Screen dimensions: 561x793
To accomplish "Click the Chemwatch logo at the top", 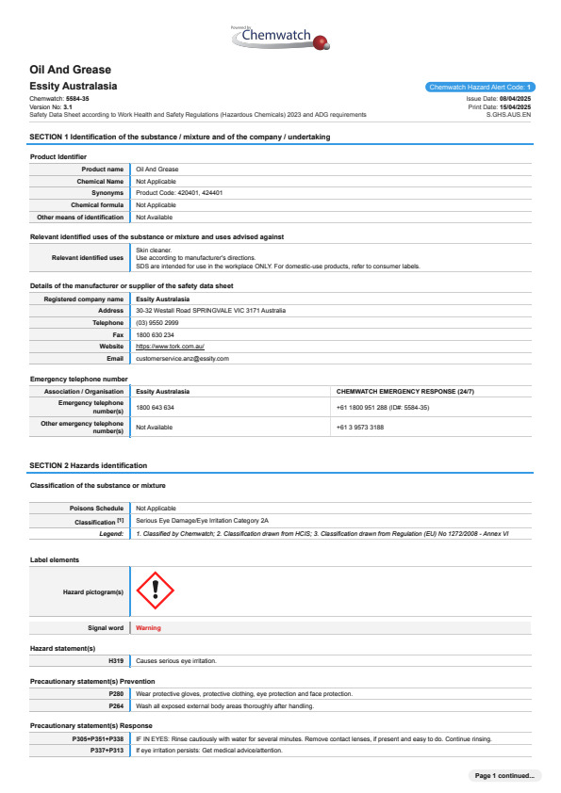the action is [x=281, y=38].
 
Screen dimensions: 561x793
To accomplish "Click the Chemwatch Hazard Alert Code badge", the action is [x=481, y=87].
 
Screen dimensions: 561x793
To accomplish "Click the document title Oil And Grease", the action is [x=71, y=70].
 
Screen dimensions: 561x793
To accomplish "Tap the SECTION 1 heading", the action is [x=179, y=138].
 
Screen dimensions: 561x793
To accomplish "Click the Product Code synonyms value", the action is [x=179, y=192].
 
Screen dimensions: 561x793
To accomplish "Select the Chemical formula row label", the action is [x=97, y=204].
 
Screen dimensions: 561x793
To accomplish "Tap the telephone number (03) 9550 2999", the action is [x=156, y=322].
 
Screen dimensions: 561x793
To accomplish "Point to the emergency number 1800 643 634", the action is [x=155, y=408].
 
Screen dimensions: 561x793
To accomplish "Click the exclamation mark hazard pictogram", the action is [x=156, y=591].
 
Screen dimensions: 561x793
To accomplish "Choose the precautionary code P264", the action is [x=116, y=705].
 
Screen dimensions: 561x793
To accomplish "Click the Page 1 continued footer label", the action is [x=505, y=775].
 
